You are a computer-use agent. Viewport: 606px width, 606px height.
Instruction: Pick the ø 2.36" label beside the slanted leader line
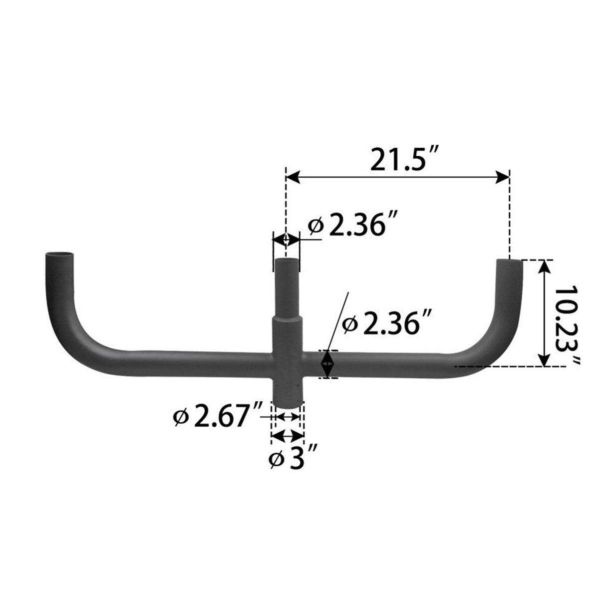click(387, 323)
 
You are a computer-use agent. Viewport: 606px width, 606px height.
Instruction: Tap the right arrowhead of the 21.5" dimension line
click(502, 176)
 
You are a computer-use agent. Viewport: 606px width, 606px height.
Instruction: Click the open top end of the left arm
click(59, 255)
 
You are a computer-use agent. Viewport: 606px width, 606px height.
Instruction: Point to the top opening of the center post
click(286, 260)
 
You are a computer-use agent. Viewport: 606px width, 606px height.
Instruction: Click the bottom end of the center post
click(287, 402)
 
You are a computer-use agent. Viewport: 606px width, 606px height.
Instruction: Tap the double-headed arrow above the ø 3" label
click(287, 436)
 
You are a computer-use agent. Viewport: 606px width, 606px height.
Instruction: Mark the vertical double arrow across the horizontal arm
click(327, 364)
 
